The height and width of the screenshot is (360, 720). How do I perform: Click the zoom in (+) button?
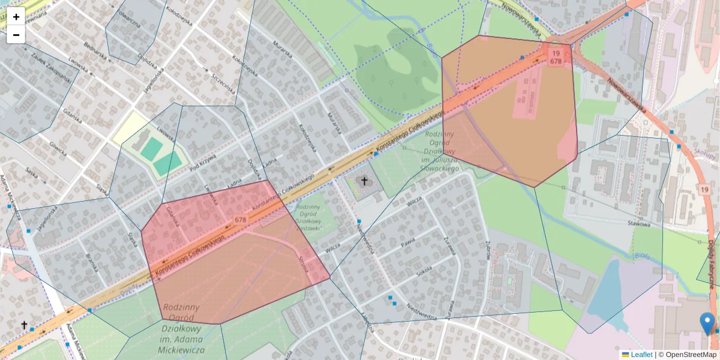pyautogui.click(x=16, y=17)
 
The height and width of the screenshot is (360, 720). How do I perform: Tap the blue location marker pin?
pyautogui.click(x=707, y=323)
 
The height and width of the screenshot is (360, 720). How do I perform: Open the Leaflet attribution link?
pyautogui.click(x=641, y=355)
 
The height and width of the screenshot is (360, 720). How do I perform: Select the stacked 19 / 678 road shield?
pyautogui.click(x=556, y=56)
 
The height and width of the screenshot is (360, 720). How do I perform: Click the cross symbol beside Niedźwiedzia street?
pyautogui.click(x=364, y=180)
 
